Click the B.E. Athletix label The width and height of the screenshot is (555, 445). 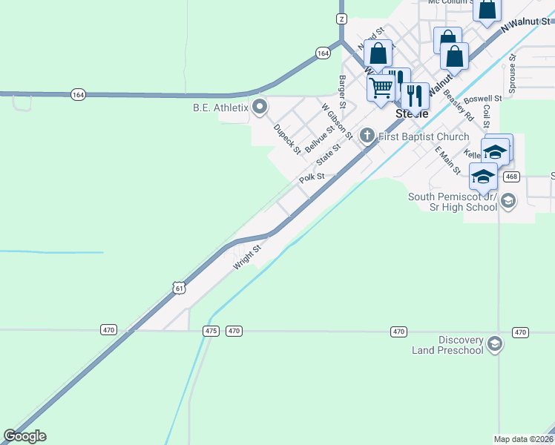[220, 108]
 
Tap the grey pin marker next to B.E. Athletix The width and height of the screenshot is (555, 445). [260, 108]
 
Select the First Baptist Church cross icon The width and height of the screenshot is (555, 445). [367, 136]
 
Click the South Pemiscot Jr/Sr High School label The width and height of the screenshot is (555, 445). [452, 202]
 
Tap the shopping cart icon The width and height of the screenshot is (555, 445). [381, 88]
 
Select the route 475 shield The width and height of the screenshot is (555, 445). [211, 331]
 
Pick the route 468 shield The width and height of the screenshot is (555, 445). [510, 177]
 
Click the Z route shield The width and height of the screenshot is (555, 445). [341, 19]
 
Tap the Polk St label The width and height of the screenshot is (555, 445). [312, 178]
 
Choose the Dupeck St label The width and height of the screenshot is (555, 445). [286, 139]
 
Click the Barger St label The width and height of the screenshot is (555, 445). [342, 90]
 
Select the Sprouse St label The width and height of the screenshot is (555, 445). [511, 73]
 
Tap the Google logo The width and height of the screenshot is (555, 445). [24, 436]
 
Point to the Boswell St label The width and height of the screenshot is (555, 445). [482, 99]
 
